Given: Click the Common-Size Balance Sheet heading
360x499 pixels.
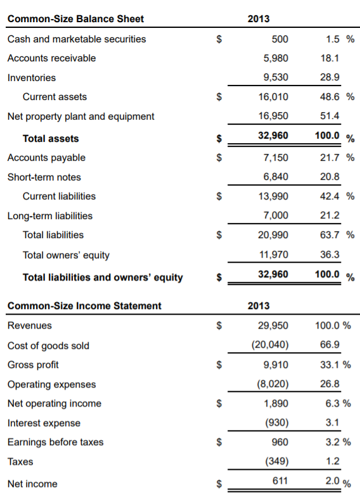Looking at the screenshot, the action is (x=75, y=18).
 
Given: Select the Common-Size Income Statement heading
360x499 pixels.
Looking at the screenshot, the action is (x=84, y=306).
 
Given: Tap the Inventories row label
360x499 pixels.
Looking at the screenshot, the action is (x=31, y=78).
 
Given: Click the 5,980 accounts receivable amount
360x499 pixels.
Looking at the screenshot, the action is (x=275, y=58).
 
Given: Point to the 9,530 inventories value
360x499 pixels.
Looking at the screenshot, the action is (x=275, y=78).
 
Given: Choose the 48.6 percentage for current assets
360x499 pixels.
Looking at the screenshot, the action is (x=330, y=97).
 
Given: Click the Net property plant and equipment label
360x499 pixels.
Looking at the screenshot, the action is (x=80, y=117).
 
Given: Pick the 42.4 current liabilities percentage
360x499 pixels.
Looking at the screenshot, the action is (x=330, y=196).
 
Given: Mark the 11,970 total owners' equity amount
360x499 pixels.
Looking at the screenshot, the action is (x=274, y=255).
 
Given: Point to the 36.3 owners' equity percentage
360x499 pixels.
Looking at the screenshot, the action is (x=330, y=255).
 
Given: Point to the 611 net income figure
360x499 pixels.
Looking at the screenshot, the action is (x=280, y=481).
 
